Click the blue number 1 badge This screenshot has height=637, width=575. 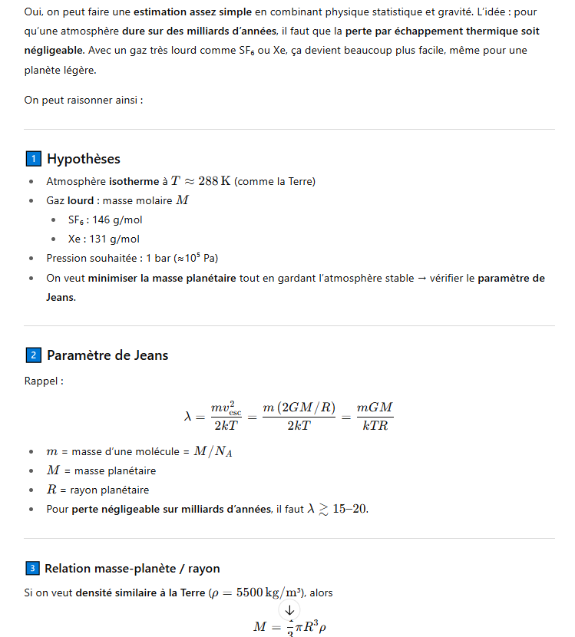(x=33, y=159)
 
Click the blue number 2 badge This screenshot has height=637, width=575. (x=33, y=355)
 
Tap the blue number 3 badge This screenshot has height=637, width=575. (x=32, y=569)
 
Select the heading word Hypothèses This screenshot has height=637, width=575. (x=84, y=159)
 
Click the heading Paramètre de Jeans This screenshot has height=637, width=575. (x=107, y=355)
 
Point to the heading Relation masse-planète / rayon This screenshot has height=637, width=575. (x=132, y=569)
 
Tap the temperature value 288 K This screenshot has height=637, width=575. (x=214, y=181)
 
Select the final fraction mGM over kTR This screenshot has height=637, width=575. (x=375, y=415)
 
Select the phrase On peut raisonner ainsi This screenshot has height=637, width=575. (x=84, y=100)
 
